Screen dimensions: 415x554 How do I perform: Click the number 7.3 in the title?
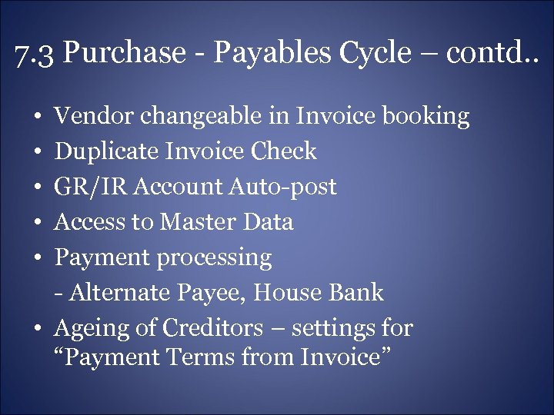click(33, 53)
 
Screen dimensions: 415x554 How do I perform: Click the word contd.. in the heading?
click(496, 53)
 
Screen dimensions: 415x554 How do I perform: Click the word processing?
click(215, 258)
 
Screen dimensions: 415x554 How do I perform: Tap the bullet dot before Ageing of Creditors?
click(38, 329)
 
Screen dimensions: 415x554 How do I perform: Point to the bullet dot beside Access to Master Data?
click(38, 223)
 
